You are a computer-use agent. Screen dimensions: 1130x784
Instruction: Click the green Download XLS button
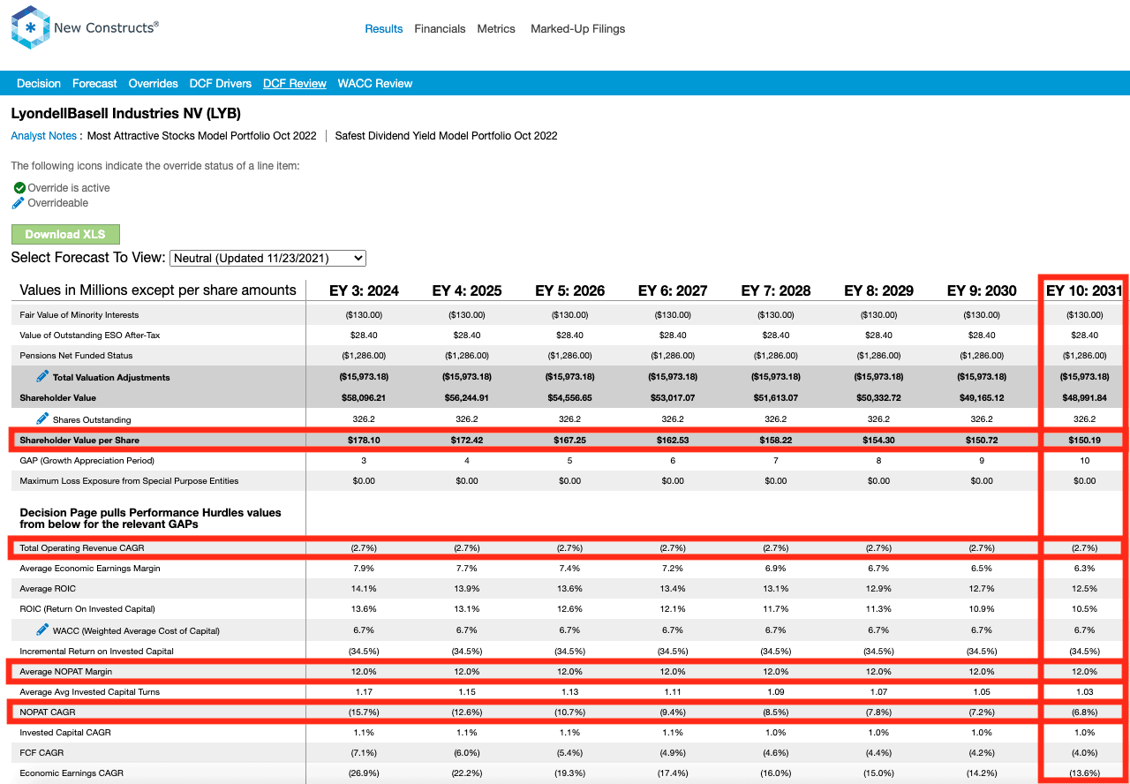click(x=65, y=234)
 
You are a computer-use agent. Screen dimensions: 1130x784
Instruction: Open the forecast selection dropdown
click(x=267, y=259)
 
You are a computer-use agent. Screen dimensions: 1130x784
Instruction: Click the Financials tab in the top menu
click(x=440, y=29)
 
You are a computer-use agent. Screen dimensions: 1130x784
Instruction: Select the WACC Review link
click(x=375, y=83)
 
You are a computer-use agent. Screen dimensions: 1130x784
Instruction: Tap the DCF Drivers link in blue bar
click(x=221, y=83)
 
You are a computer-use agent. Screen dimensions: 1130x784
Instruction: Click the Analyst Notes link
click(x=44, y=136)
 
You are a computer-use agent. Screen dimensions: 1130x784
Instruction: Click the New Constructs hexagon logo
click(x=30, y=27)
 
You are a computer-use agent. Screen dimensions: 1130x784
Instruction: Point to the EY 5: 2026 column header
click(x=569, y=290)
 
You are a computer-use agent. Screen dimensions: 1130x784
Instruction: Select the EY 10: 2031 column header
click(x=1084, y=290)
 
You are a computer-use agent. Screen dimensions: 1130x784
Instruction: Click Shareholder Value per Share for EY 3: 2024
click(x=364, y=440)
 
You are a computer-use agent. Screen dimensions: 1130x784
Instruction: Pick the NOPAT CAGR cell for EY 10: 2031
click(x=1085, y=712)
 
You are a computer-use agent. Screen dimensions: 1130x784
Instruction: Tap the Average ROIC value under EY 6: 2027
click(x=673, y=589)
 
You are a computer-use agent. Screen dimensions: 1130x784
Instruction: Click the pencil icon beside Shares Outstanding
click(x=42, y=418)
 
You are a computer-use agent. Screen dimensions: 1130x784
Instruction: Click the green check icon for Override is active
click(x=19, y=188)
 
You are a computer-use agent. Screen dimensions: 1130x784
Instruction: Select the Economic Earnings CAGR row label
click(x=72, y=773)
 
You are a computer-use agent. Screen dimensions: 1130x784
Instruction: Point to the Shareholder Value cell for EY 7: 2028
click(x=776, y=397)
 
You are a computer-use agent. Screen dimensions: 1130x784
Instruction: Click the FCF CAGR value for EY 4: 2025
click(x=467, y=753)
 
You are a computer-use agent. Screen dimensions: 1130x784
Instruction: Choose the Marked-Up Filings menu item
click(x=577, y=29)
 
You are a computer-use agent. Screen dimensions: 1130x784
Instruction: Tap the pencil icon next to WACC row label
click(x=42, y=629)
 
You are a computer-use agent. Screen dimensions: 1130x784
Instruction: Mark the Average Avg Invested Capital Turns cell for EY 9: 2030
click(x=982, y=691)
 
